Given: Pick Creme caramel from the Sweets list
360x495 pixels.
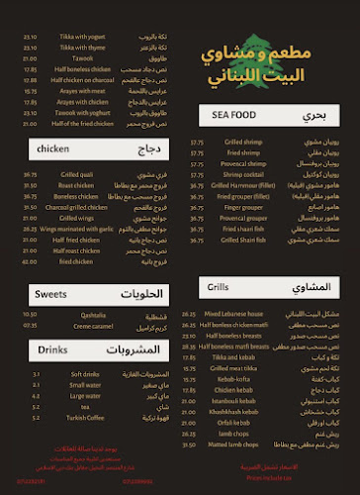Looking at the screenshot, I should point(78,324).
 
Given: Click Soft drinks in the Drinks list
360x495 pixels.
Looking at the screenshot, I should point(76,374).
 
